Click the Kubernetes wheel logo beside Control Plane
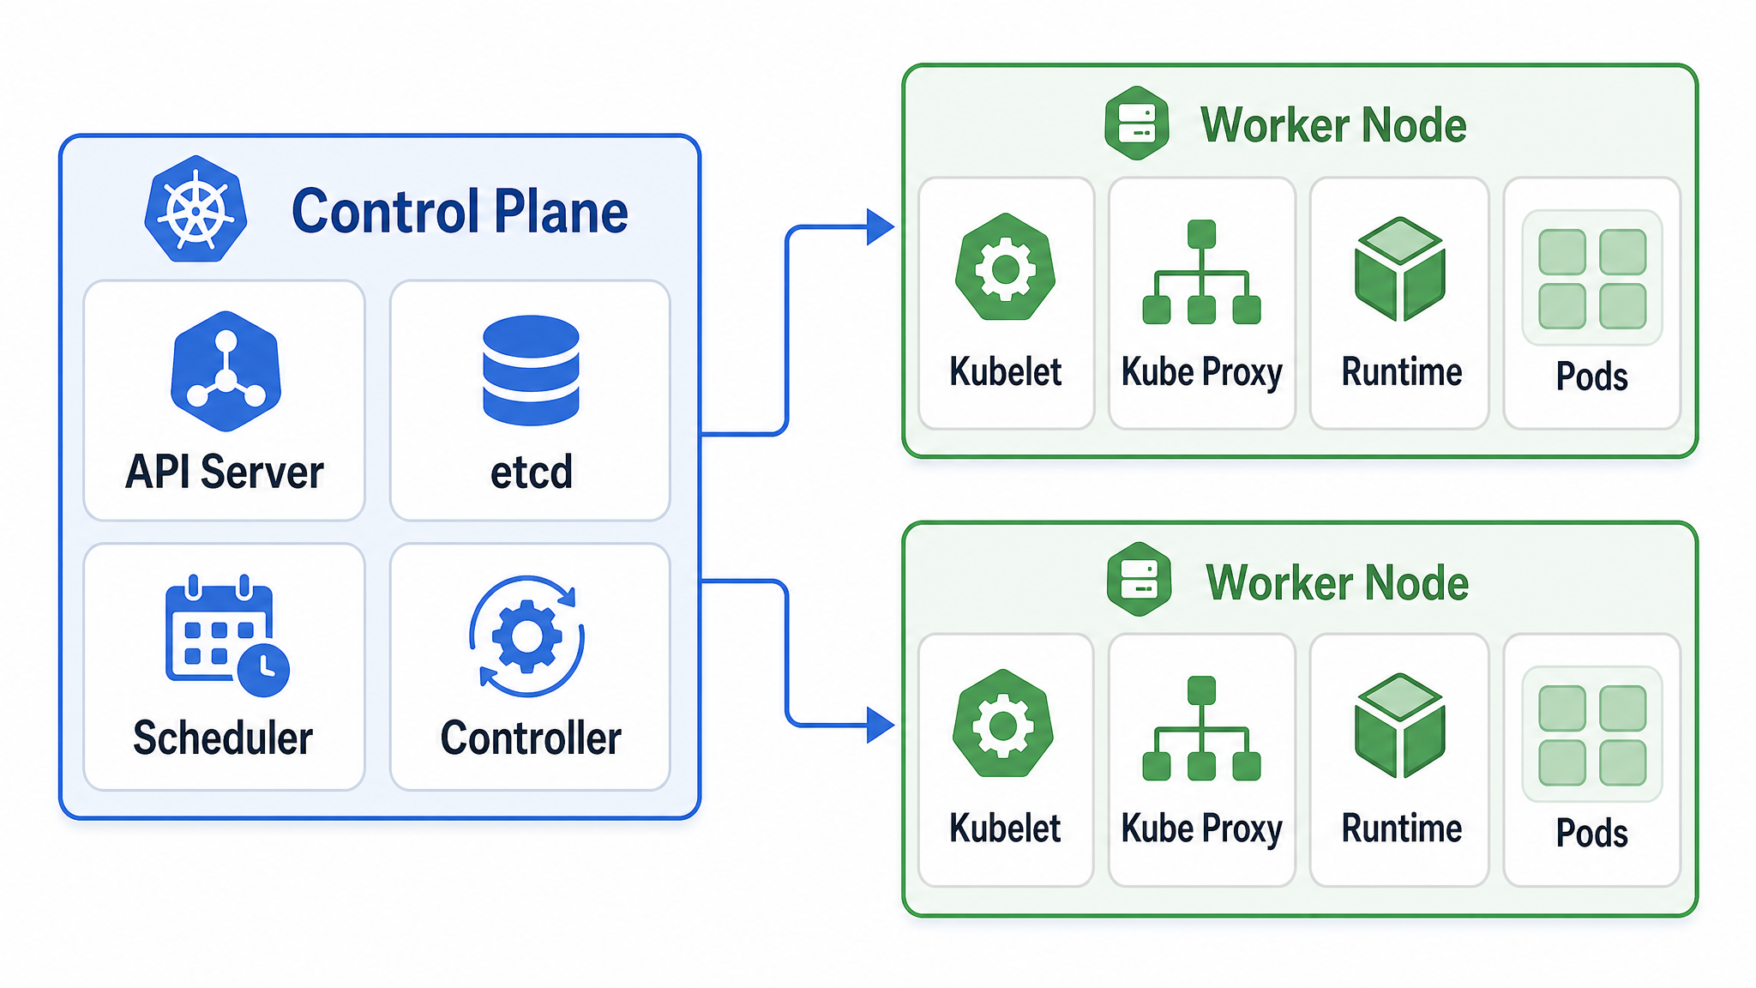click(x=196, y=209)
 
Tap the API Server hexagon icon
click(x=226, y=371)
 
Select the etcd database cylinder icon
click(x=531, y=370)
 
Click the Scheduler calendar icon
click(x=226, y=636)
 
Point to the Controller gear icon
click(x=527, y=636)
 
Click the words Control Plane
click(x=460, y=212)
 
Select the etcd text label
click(x=532, y=472)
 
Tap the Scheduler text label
click(x=223, y=738)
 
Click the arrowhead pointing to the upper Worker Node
click(x=881, y=227)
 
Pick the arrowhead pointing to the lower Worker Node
click(x=881, y=726)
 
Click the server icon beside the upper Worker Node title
click(x=1137, y=123)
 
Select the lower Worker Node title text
click(x=1337, y=583)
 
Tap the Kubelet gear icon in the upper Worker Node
click(x=1005, y=267)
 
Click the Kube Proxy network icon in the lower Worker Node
click(x=1201, y=728)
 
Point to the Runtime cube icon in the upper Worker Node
click(x=1400, y=269)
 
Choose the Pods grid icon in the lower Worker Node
click(x=1592, y=735)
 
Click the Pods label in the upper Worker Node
click(x=1592, y=377)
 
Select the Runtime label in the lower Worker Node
click(x=1402, y=828)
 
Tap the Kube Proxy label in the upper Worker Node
click(x=1202, y=373)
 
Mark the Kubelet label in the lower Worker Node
click(x=1005, y=828)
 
